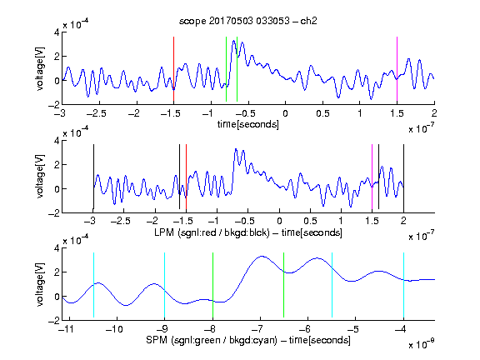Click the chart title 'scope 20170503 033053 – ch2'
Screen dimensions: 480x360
point(248,21)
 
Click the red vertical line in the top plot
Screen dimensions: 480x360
point(173,69)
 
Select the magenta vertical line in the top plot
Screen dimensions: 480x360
point(397,69)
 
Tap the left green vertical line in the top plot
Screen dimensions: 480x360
point(226,69)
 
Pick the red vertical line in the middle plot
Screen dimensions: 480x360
point(186,177)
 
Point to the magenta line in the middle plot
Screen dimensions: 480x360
point(372,177)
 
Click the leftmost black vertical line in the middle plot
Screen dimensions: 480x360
point(93,177)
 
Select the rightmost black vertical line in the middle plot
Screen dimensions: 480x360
point(403,177)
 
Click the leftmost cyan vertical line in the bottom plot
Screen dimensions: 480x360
point(93,285)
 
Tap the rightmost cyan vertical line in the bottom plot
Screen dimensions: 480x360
point(403,285)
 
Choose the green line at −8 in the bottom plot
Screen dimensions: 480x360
point(212,285)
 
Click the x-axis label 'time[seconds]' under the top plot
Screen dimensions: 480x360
point(248,124)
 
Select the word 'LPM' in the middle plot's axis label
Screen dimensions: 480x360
point(164,232)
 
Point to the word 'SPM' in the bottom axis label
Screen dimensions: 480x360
point(157,340)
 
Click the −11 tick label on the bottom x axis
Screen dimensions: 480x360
point(67,329)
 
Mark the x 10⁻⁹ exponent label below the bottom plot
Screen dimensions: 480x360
point(422,344)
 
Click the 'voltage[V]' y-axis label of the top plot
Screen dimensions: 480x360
point(40,68)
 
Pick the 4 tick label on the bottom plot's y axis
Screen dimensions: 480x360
point(57,248)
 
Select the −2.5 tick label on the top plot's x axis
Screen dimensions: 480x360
point(97,113)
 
